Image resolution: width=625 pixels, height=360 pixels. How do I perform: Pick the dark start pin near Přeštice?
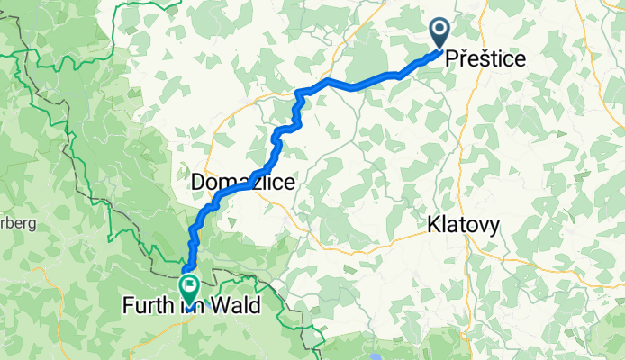(440, 34)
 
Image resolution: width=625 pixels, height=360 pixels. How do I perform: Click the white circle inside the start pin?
(440, 31)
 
